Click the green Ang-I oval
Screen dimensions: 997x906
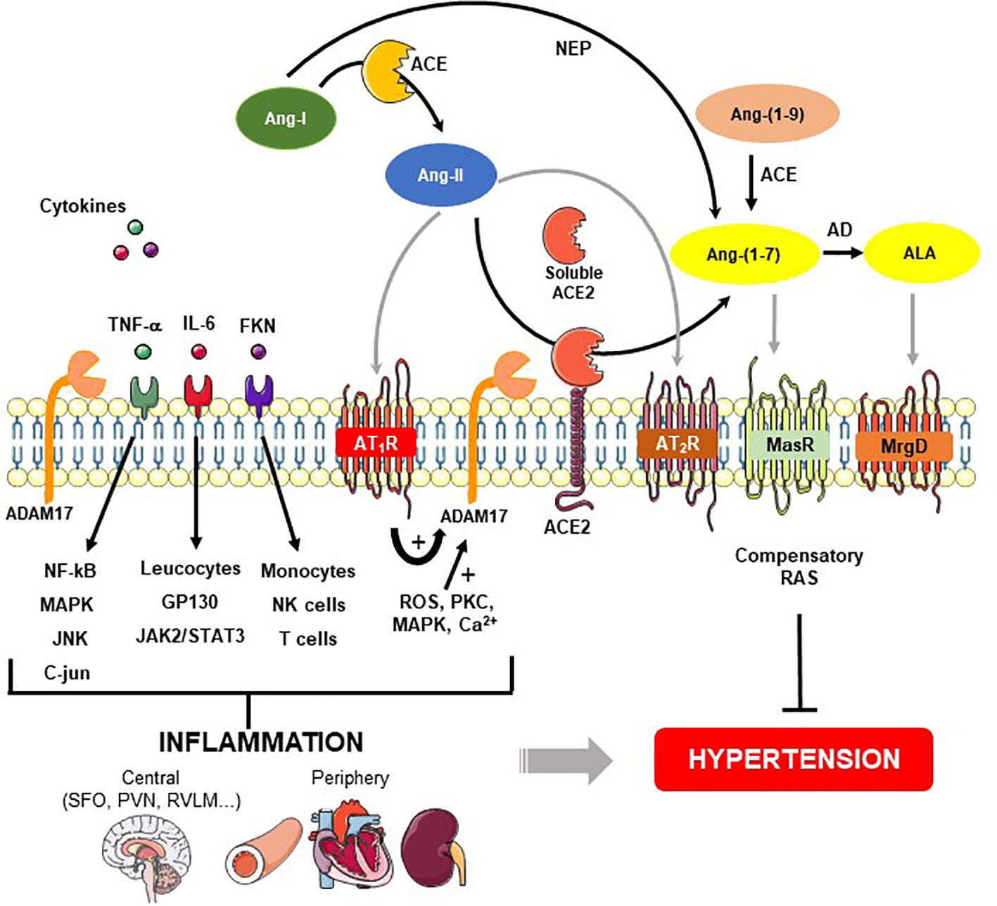[286, 118]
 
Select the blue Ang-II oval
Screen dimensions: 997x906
[441, 175]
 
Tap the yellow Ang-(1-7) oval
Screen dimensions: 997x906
[744, 254]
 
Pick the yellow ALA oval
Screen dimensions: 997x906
[922, 253]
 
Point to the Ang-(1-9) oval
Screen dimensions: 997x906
[767, 114]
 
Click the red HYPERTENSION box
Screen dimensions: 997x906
[794, 760]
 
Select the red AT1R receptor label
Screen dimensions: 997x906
[376, 442]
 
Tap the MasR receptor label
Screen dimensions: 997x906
[789, 444]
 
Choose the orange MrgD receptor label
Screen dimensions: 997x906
[904, 446]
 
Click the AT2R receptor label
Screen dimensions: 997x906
[678, 443]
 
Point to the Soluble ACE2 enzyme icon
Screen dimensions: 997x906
[564, 235]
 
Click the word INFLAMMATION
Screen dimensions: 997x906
[261, 743]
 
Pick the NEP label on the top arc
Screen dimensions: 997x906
[573, 49]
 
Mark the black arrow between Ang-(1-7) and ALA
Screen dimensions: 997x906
[844, 253]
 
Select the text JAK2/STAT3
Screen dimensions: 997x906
[191, 636]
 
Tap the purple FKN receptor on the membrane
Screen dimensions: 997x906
[259, 395]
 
